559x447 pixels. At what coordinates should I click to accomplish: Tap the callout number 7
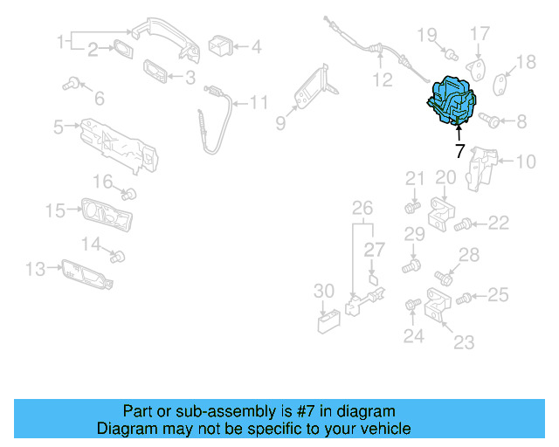460,150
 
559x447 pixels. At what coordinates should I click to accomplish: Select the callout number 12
383,80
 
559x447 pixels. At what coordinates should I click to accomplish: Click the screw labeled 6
71,85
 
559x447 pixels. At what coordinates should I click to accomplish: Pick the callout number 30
323,290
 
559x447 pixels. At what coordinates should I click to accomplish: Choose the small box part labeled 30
328,322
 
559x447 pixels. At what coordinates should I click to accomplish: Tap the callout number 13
35,270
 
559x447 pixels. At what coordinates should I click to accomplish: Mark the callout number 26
362,208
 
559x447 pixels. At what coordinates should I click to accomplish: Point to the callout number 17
481,34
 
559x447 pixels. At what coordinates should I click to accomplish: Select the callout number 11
259,103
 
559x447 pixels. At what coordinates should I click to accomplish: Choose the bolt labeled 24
411,306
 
